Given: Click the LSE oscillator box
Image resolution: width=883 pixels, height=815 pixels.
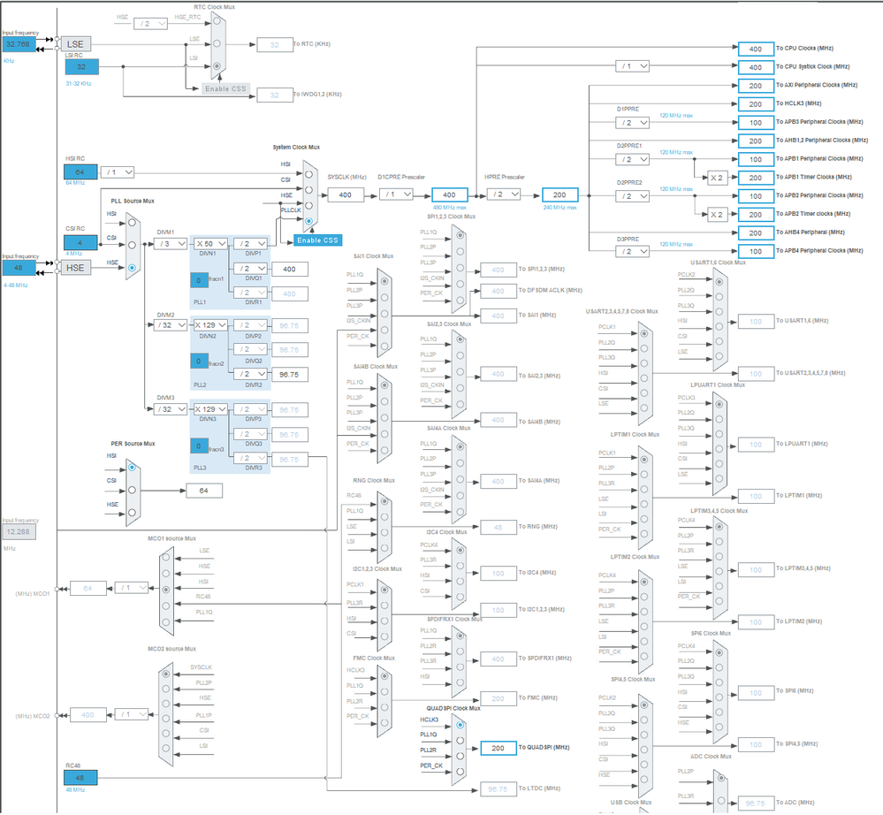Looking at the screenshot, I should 78,43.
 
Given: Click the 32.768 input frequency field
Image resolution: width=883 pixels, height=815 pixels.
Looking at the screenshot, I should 19,43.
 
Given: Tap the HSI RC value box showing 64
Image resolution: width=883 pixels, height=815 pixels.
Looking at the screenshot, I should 80,171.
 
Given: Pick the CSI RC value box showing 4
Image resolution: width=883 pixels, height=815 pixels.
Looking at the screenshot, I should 80,242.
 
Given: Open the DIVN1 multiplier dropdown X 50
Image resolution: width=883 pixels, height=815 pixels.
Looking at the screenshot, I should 210,243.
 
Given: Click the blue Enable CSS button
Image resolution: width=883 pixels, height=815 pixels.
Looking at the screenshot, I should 317,240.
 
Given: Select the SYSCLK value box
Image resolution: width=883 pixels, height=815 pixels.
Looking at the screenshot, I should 345,194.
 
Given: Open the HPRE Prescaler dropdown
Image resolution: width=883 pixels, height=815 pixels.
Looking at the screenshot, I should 507,194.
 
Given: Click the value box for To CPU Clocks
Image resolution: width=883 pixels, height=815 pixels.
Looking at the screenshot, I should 755,49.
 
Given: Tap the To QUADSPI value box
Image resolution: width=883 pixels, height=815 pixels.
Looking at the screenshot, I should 498,748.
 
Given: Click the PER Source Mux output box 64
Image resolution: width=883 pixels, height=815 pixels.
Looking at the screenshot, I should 203,491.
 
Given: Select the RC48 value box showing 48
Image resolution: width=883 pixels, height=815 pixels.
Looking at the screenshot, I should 80,777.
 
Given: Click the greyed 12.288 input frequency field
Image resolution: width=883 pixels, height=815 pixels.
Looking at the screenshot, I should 19,531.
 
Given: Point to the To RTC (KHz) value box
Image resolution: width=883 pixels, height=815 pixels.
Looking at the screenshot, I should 274,43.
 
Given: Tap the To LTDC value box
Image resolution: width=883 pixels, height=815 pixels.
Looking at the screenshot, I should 498,788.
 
